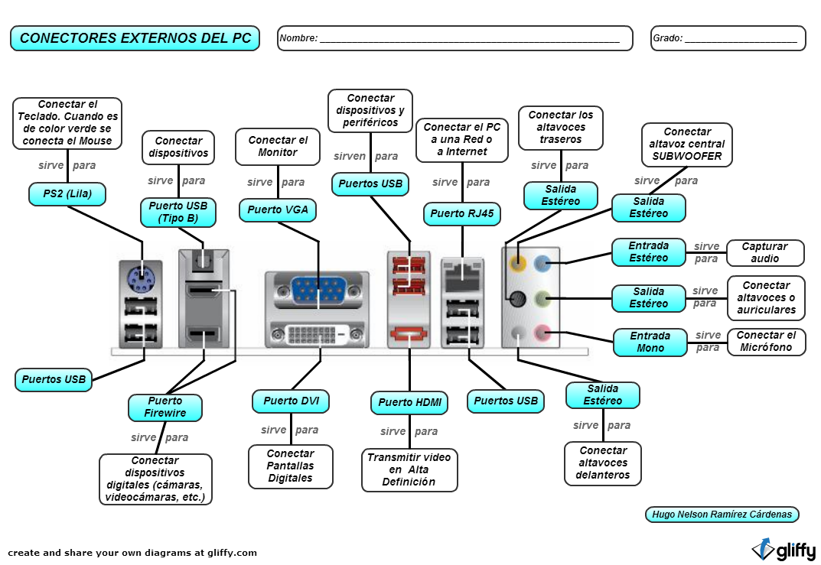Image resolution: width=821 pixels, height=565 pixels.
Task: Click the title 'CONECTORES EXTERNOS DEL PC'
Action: (135, 38)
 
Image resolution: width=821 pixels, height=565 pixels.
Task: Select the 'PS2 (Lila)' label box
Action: (67, 194)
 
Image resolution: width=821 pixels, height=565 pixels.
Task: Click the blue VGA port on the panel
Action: (318, 292)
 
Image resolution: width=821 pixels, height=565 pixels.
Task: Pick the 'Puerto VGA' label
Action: (278, 210)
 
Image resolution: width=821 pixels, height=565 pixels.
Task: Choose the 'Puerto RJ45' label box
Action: (461, 214)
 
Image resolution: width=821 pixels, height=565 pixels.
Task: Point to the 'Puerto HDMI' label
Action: (409, 403)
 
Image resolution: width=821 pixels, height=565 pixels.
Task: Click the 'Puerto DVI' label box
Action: (291, 401)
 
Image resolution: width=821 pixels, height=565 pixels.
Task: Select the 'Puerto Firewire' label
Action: (165, 408)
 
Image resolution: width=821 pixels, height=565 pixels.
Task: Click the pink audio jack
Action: (542, 333)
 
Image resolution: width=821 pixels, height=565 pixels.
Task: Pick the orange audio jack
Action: (519, 265)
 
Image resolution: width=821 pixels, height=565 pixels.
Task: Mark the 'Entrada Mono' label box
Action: (650, 343)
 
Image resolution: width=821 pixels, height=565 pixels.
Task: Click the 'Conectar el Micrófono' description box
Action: (766, 342)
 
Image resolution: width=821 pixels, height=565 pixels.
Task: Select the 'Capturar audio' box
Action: (764, 253)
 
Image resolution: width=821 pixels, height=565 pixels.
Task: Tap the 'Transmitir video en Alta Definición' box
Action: (409, 470)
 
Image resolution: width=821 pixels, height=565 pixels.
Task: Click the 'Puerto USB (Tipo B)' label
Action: (178, 213)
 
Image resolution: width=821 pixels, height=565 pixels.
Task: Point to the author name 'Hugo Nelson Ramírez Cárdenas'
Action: (722, 515)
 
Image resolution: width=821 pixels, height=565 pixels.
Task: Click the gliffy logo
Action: (783, 550)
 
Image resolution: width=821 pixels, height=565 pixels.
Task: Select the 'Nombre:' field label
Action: (298, 38)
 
